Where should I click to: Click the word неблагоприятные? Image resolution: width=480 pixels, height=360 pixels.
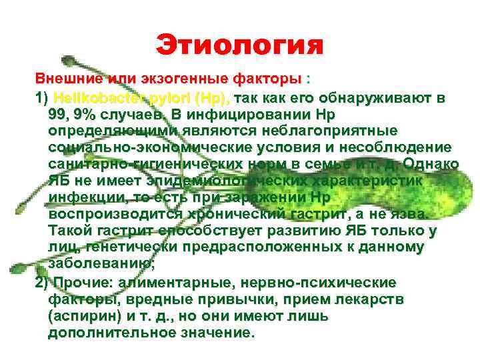tap(323, 132)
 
